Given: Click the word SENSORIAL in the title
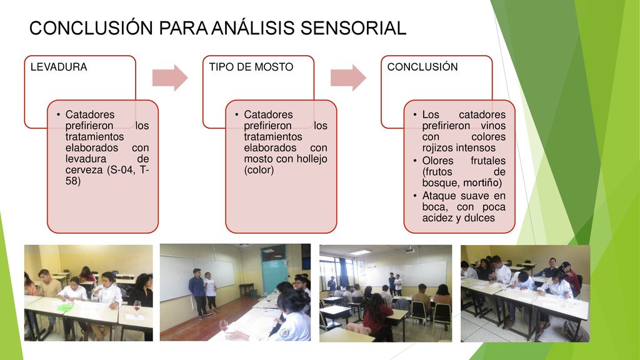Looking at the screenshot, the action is [x=354, y=28].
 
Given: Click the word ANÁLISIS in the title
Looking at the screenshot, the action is [x=254, y=28].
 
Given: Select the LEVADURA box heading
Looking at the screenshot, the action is [x=59, y=67].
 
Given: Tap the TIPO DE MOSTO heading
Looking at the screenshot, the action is [x=251, y=67].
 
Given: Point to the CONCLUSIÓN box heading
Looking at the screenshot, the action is [x=422, y=66].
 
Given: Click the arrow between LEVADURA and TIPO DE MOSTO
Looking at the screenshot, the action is [x=170, y=77].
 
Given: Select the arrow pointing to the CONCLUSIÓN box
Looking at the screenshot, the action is [x=348, y=77].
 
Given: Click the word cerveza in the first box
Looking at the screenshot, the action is [x=84, y=170].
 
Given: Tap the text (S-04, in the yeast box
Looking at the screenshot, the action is [x=122, y=170].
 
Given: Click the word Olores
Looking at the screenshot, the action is [x=437, y=161].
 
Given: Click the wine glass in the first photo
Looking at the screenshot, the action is [x=137, y=307].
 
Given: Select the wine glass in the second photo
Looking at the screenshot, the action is [x=224, y=326].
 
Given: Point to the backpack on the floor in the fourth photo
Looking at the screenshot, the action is [x=576, y=330].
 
